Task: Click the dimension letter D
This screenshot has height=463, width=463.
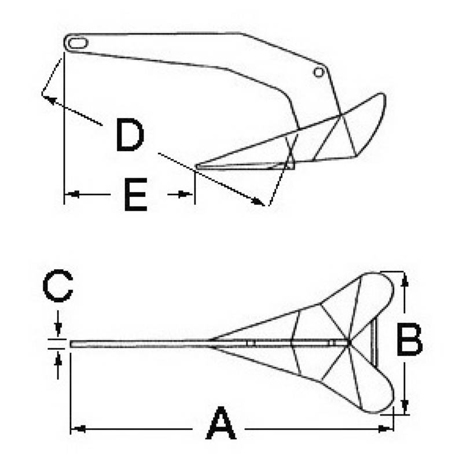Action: click(130, 134)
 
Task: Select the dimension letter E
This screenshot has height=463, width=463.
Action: click(135, 194)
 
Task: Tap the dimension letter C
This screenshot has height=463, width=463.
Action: click(57, 285)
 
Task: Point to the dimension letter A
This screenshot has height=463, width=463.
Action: click(221, 423)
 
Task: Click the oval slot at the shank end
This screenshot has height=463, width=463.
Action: click(78, 43)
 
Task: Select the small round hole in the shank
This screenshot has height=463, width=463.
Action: click(319, 72)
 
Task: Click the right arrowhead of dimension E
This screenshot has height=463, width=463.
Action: click(186, 194)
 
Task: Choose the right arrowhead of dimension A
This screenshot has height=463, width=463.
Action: click(385, 429)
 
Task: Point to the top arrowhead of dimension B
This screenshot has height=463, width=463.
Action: click(406, 280)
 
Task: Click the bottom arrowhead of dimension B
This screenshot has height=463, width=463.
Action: click(406, 407)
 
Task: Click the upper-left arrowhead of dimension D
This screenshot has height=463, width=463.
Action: click(50, 100)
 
